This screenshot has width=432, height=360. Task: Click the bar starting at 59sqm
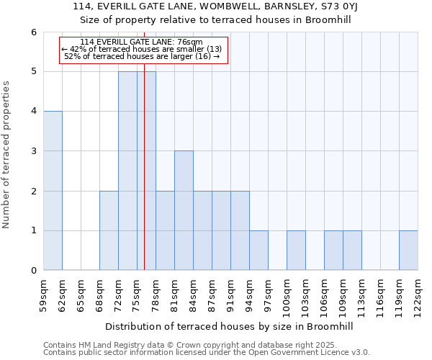coord(53,191)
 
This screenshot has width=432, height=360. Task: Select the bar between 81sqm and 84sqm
coord(184,210)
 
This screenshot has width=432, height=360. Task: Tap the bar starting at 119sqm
coord(408,250)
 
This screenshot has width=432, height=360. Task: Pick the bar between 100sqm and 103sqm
coord(296,250)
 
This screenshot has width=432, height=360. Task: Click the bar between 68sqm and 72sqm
coord(109,230)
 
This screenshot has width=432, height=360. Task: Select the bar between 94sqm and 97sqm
coord(258,250)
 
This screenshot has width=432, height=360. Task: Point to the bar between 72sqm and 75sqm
coord(127,171)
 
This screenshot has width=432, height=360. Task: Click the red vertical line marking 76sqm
coord(144,180)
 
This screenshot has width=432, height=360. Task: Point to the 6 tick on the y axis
coord(33,32)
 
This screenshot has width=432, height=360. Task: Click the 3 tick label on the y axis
coord(33,151)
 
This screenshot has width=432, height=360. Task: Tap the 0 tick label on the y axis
coord(33,271)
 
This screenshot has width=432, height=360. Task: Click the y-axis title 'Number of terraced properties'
coord(6,154)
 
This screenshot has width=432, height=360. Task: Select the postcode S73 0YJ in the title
coord(332,6)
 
